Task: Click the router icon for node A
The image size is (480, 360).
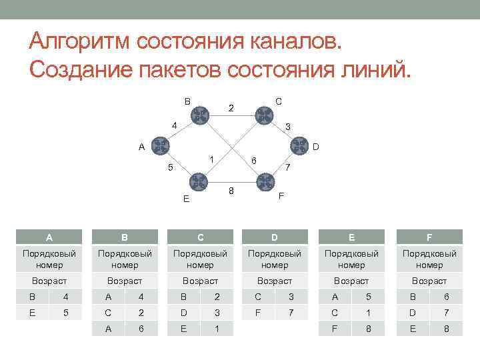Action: click(x=160, y=146)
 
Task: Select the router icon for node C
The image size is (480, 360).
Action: click(x=263, y=115)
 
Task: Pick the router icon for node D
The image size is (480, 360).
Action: click(x=297, y=146)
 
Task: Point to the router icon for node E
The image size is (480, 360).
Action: click(x=198, y=181)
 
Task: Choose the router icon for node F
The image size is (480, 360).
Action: click(x=264, y=181)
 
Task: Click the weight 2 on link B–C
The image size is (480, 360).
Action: click(x=231, y=107)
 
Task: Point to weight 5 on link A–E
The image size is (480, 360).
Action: click(x=170, y=168)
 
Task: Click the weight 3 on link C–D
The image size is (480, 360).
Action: click(x=287, y=127)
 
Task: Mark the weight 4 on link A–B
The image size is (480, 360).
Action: click(x=173, y=125)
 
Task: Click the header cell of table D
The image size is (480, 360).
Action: click(x=275, y=237)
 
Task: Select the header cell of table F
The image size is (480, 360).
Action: click(x=429, y=237)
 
